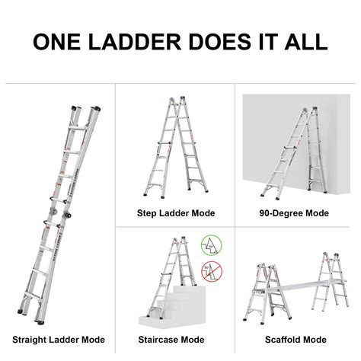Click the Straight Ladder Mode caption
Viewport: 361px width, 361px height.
(x=58, y=339)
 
